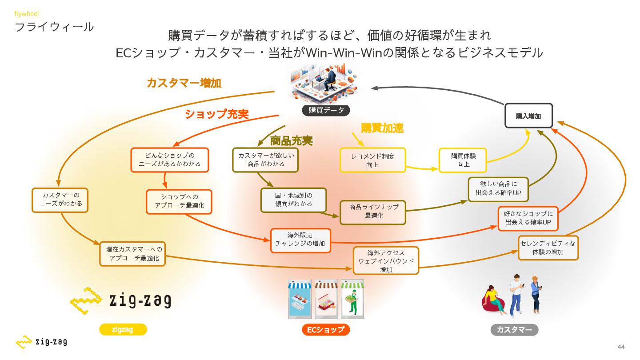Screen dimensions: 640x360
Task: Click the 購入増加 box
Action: [528, 116]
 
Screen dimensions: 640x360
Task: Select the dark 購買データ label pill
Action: [326, 110]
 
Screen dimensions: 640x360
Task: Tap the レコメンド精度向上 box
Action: [372, 160]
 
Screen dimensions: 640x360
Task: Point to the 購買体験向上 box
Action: [463, 160]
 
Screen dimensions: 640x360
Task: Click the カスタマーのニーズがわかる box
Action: [60, 200]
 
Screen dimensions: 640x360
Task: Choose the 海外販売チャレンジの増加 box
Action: [300, 240]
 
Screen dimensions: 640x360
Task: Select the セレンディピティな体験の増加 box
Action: [548, 248]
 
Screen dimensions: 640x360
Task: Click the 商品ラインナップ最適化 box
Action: [373, 212]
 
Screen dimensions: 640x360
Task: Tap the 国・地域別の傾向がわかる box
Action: [293, 200]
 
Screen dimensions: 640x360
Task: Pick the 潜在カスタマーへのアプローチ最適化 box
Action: [132, 254]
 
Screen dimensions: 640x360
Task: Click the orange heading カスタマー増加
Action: [184, 83]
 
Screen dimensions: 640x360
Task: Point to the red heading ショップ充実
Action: [217, 114]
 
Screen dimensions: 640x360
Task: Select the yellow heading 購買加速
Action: [382, 128]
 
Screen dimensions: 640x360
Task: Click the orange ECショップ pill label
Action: [326, 330]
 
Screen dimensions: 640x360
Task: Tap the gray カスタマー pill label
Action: [514, 330]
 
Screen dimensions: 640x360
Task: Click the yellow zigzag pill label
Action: [123, 329]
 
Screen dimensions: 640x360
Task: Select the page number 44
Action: [621, 347]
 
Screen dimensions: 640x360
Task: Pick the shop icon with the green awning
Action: [352, 299]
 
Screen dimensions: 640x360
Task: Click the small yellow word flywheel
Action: [27, 13]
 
